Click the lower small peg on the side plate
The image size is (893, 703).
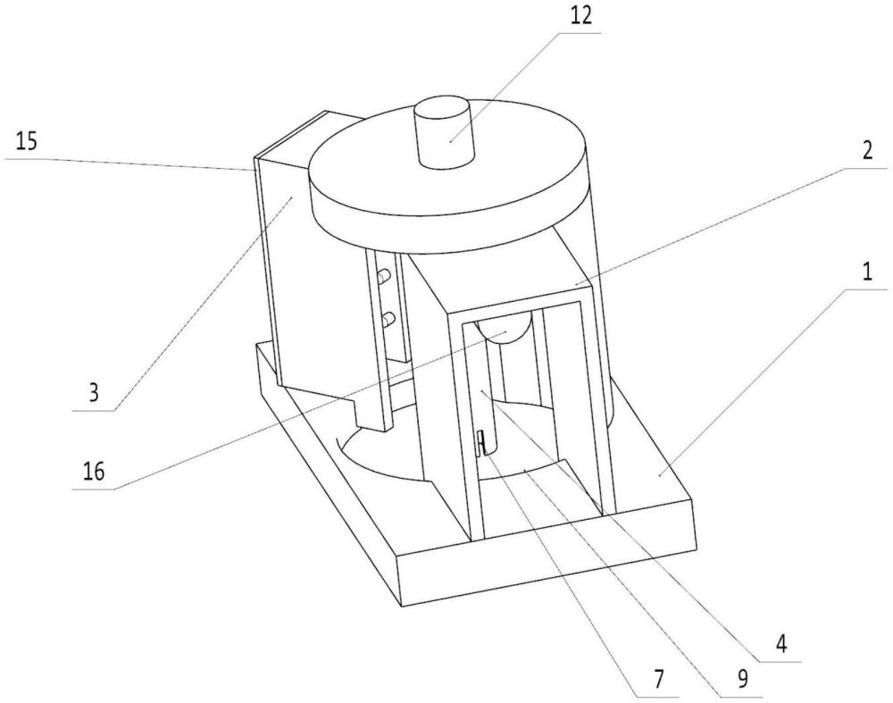point(388,317)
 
